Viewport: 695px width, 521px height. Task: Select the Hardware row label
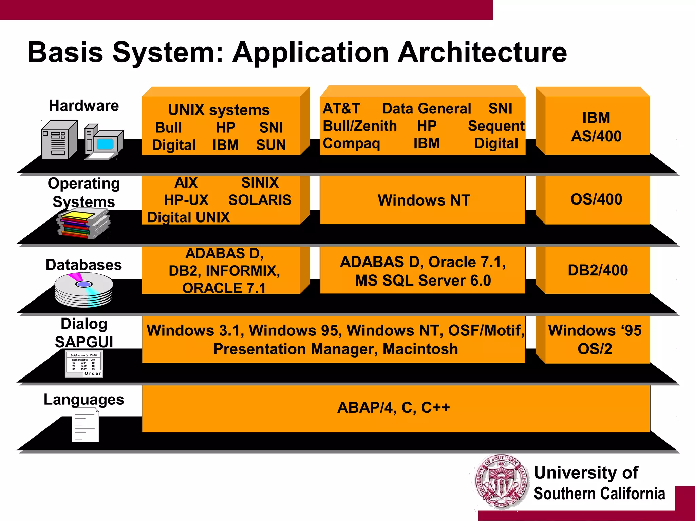(x=84, y=105)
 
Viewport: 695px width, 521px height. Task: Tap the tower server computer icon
(x=58, y=140)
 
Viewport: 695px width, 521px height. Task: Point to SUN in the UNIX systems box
(x=271, y=145)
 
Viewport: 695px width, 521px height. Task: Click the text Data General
(x=426, y=109)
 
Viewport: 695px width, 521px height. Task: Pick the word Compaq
(x=351, y=143)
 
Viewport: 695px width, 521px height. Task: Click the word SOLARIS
(x=260, y=200)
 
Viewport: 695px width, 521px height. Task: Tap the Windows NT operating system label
(x=424, y=200)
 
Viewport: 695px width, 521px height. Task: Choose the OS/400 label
(x=596, y=199)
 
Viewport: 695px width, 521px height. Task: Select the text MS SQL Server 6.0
(x=423, y=281)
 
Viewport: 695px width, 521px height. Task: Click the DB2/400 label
(x=597, y=270)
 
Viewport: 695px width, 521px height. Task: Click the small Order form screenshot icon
(x=84, y=364)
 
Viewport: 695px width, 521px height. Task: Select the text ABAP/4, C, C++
(x=393, y=407)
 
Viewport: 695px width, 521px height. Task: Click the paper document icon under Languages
(x=85, y=425)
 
